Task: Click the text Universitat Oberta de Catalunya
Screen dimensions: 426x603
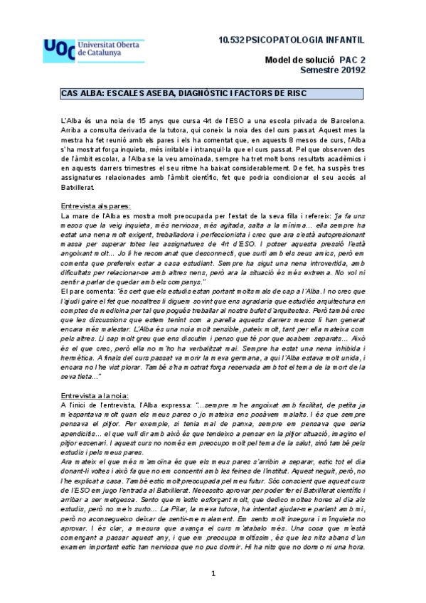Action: click(110, 48)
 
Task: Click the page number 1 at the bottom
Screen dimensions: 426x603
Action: click(213, 592)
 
